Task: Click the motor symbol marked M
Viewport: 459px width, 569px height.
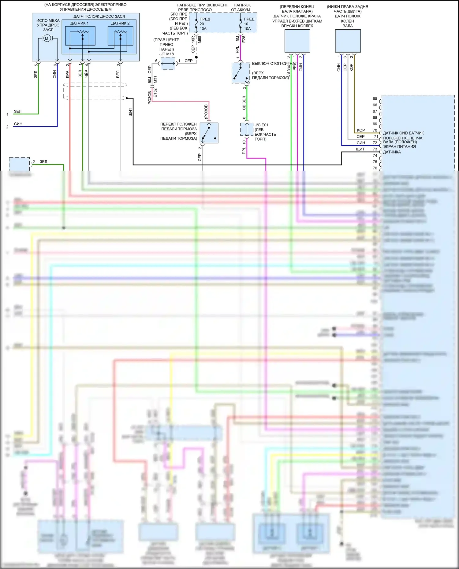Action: (47, 39)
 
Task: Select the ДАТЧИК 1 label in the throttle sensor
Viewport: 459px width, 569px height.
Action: (79, 23)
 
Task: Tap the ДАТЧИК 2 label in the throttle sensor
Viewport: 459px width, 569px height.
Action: (120, 23)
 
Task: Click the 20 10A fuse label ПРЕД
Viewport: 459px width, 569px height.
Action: (205, 19)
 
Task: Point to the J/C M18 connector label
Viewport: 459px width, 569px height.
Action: (166, 54)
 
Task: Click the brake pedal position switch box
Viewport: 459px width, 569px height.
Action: (209, 133)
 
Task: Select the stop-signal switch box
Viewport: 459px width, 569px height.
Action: (241, 73)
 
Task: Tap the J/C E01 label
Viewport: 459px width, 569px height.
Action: (261, 125)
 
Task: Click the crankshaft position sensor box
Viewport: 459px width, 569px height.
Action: (348, 41)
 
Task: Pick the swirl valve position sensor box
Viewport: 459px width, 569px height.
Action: (297, 41)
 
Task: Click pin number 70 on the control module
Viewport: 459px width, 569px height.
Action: (375, 130)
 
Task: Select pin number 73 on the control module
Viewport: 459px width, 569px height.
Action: (375, 149)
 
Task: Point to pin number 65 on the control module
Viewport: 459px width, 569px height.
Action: (375, 99)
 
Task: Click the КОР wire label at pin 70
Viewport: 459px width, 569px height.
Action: (361, 130)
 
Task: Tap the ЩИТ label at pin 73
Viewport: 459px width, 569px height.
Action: (360, 149)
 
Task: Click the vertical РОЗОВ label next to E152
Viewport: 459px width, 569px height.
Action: (150, 98)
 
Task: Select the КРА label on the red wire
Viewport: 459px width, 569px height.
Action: (67, 74)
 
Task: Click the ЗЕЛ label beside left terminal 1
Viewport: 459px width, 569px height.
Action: (18, 111)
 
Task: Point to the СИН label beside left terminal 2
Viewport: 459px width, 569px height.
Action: (18, 124)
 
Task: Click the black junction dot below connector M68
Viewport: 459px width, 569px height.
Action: (196, 57)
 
